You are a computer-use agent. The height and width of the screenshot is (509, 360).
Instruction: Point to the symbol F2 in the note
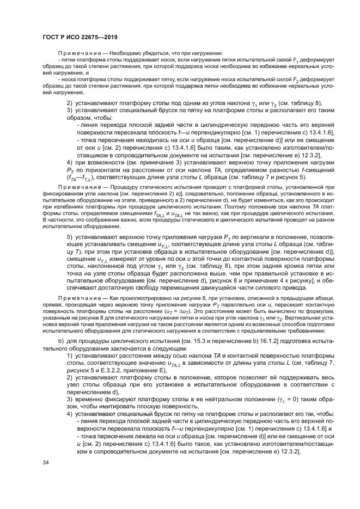pos(296,79)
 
